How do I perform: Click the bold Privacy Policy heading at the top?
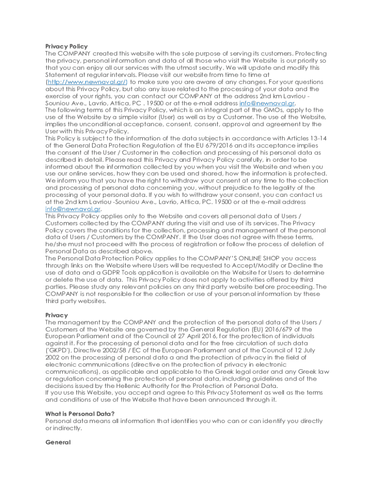66,46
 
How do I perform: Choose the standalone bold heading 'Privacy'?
56,315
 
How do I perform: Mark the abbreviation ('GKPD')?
58,351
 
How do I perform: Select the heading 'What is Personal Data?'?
79,414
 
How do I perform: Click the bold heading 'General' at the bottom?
58,442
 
